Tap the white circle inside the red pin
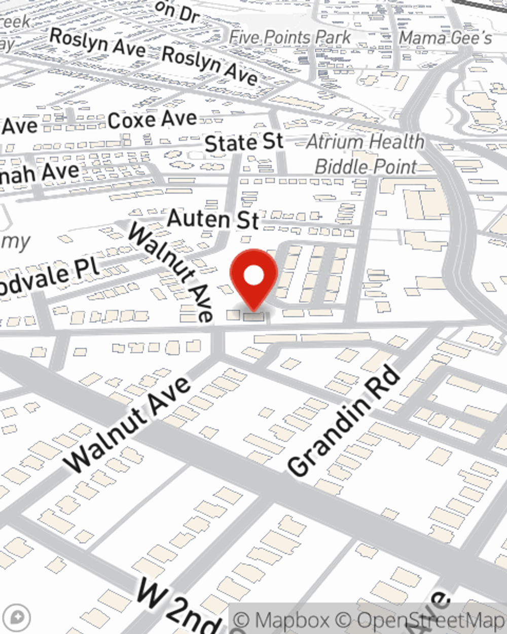(x=254, y=276)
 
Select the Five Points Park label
(x=289, y=38)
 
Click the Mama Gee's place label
(x=445, y=38)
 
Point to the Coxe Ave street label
(x=152, y=120)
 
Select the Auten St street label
(x=213, y=219)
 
